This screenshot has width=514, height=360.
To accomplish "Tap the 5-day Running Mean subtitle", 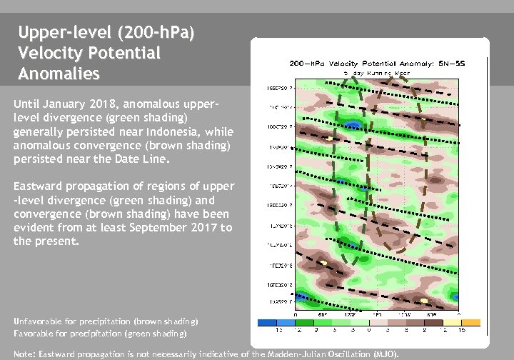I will (371, 72).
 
